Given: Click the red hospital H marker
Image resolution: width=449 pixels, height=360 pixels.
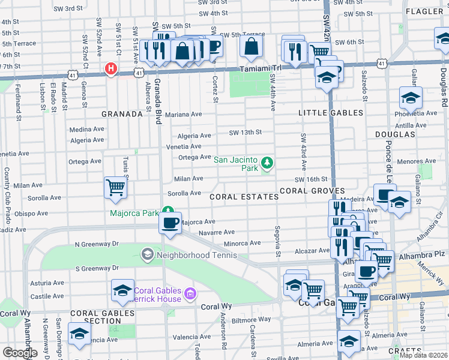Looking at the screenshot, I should pyautogui.click(x=110, y=69).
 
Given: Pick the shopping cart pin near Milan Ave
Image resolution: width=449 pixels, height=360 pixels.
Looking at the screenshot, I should pyautogui.click(x=115, y=187).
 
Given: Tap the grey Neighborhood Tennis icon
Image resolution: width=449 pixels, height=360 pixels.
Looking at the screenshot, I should pyautogui.click(x=147, y=255).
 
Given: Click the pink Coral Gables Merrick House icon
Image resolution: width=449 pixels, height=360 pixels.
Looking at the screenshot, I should pyautogui.click(x=191, y=293).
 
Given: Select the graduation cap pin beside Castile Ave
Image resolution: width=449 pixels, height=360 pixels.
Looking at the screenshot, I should pyautogui.click(x=122, y=290).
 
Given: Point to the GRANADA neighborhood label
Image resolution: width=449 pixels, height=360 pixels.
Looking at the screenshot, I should pyautogui.click(x=121, y=113).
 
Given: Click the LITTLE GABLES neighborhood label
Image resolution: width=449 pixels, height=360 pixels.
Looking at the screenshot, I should pyautogui.click(x=331, y=113).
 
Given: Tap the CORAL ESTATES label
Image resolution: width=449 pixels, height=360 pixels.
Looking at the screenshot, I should pyautogui.click(x=244, y=197).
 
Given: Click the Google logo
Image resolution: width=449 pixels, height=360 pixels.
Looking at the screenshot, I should pyautogui.click(x=20, y=352).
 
